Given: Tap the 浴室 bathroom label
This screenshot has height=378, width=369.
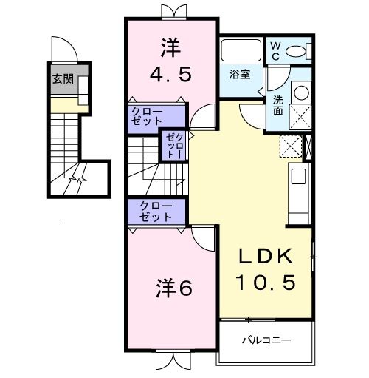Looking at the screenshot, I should [238, 74].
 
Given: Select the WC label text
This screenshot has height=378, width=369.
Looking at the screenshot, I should [274, 50].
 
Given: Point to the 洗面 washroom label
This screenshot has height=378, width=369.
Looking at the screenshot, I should [278, 105].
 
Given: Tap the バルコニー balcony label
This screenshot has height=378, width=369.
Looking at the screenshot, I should [266, 341].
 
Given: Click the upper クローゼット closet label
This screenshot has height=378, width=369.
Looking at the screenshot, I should [147, 116].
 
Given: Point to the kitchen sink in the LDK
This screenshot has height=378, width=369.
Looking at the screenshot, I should [297, 176].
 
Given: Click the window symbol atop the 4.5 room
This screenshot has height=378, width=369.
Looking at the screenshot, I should [172, 11].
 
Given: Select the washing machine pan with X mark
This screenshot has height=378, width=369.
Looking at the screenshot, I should [301, 116].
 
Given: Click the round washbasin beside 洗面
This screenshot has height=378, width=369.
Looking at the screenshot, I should [301, 94].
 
